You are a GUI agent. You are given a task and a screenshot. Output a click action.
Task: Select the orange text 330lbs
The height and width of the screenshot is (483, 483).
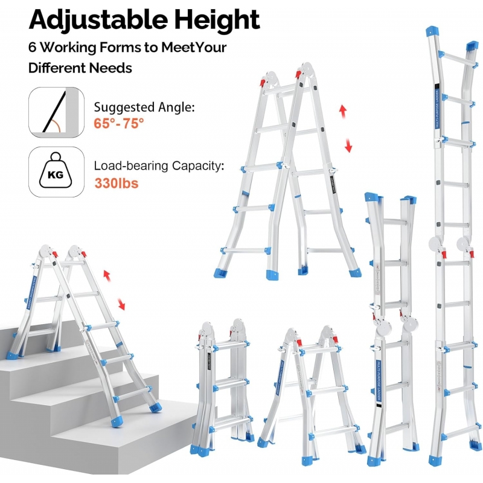tap(116, 182)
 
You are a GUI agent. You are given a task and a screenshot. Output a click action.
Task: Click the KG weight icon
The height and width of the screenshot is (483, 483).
tap(56, 172)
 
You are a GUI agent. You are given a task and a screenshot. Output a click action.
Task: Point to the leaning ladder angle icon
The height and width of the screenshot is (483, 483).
tap(56, 112)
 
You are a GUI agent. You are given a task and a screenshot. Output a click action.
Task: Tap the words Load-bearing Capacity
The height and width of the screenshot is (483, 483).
tap(158, 166)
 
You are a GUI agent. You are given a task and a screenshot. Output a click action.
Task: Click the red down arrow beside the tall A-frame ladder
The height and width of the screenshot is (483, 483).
tap(348, 146)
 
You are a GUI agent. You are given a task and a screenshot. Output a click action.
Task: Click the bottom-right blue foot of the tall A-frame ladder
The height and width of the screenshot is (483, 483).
tap(354, 272)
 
